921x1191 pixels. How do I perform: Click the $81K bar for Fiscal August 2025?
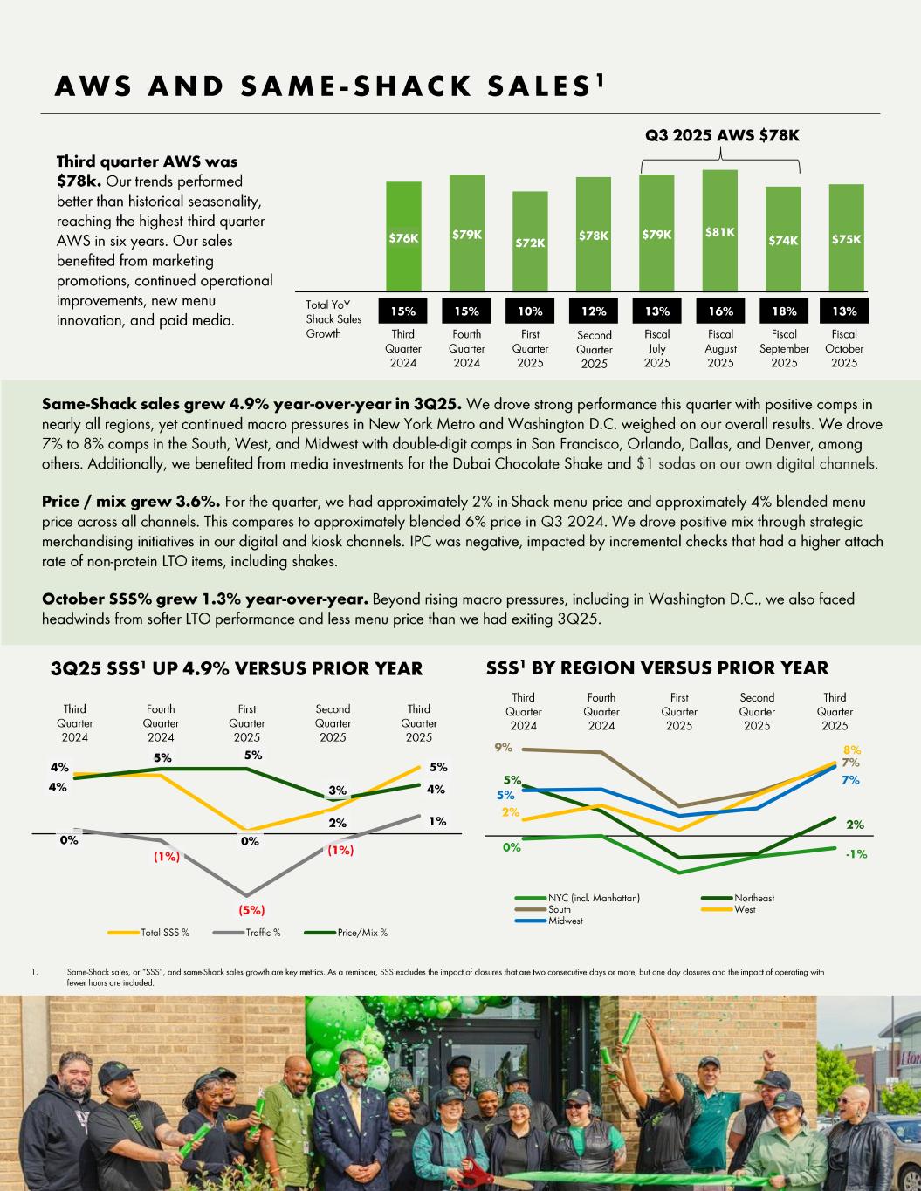[720, 230]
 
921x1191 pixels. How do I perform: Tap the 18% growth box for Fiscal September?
[784, 311]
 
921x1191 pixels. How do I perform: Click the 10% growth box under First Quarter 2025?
[530, 311]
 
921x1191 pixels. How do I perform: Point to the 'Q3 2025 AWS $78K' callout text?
[722, 135]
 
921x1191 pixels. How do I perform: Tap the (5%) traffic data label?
[251, 910]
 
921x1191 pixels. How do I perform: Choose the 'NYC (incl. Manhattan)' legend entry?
[579, 898]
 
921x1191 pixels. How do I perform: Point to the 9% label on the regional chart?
[503, 748]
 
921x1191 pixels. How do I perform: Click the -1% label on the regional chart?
[856, 854]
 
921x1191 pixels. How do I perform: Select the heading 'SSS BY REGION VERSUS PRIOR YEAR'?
[656, 667]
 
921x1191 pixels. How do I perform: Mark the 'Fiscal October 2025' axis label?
[844, 348]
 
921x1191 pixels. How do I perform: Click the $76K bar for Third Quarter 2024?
[403, 236]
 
